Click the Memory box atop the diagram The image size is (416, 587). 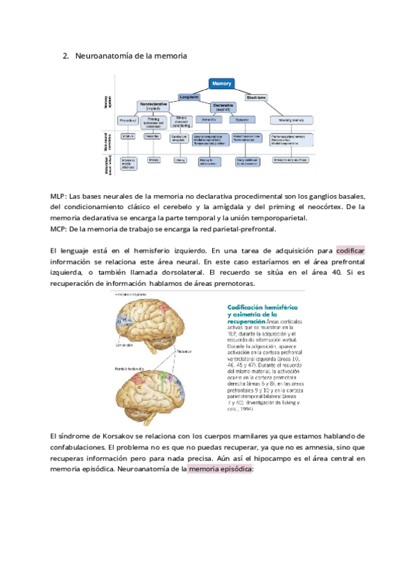pyautogui.click(x=227, y=83)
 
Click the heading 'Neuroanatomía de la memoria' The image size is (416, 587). pyautogui.click(x=131, y=55)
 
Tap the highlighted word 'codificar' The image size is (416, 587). pyautogui.click(x=351, y=250)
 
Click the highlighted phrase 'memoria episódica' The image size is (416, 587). pyautogui.click(x=220, y=469)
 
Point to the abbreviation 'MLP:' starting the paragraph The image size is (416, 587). pyautogui.click(x=60, y=195)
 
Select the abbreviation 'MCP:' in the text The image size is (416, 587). pyautogui.click(x=60, y=228)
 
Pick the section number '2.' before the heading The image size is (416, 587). pyautogui.click(x=67, y=55)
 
